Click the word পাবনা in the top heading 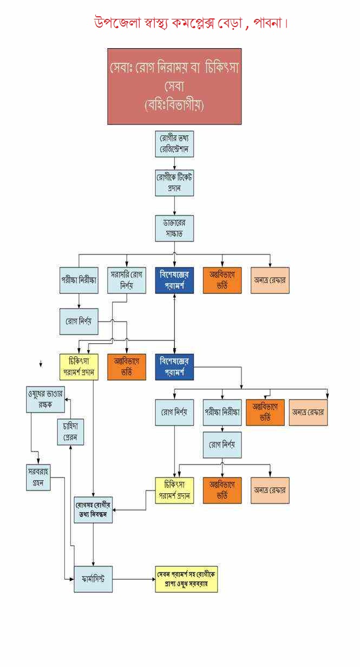(267, 23)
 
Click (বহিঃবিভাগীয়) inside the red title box (174, 104)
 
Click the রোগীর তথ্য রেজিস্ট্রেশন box (174, 144)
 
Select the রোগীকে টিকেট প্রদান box (174, 183)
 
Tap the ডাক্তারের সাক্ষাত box (174, 228)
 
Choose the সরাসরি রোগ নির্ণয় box (126, 280)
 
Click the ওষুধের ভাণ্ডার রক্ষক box (45, 400)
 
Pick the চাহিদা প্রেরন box (71, 431)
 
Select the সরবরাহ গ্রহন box (38, 477)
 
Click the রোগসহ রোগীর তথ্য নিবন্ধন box (94, 509)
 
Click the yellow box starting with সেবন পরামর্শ (187, 579)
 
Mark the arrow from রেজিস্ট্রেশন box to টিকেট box (174, 164)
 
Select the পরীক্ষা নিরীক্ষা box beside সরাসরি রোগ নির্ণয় (79, 280)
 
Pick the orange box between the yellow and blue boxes (127, 367)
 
